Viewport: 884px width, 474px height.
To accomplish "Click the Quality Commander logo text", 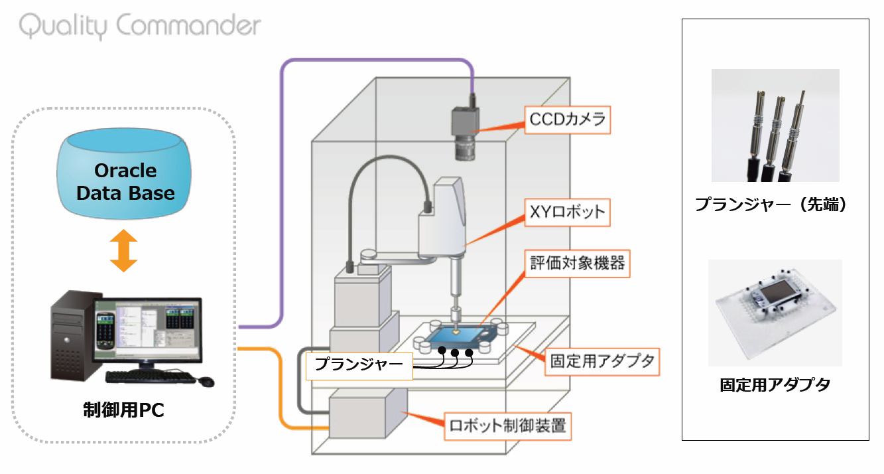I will click(140, 27).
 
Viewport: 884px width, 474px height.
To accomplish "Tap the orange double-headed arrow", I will click(124, 250).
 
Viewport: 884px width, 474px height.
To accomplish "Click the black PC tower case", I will click(72, 339).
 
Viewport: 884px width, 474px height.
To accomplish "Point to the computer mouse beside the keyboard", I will click(206, 382).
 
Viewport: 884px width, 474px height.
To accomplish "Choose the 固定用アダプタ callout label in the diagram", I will click(602, 362).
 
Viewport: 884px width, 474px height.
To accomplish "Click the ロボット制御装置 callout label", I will click(507, 426).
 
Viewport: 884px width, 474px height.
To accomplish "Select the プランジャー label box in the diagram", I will click(359, 364).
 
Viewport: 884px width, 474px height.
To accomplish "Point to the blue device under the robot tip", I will click(458, 339).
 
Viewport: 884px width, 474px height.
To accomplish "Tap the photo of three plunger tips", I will click(775, 125).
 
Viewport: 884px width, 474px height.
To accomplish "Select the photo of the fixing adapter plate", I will click(775, 312).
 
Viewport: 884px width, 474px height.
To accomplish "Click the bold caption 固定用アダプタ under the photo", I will click(775, 384).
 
